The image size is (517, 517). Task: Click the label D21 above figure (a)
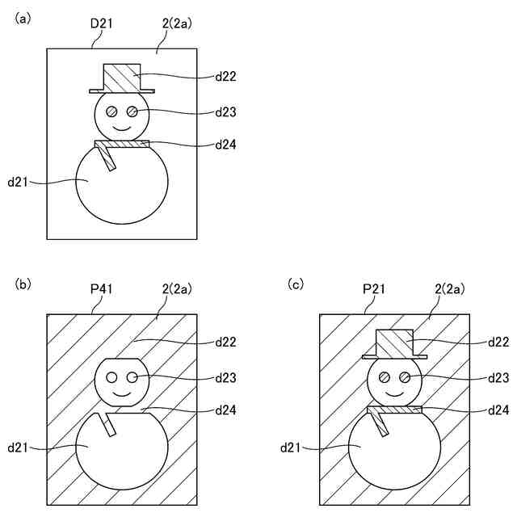[x=101, y=23]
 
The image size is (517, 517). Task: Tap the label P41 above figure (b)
[x=101, y=288]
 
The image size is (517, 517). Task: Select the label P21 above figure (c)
[x=374, y=288]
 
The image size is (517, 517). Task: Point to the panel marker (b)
[x=23, y=284]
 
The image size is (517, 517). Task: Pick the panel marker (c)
[x=296, y=284]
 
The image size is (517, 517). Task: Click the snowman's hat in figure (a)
[x=122, y=78]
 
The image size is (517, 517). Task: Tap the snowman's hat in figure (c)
[x=395, y=343]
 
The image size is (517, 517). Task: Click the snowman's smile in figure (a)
[x=122, y=128]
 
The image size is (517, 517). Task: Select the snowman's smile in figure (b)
[x=122, y=392]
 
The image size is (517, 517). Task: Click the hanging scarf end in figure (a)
[x=107, y=159]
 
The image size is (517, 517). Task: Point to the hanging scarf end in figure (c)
[x=380, y=424]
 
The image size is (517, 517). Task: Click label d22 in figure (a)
[x=225, y=77]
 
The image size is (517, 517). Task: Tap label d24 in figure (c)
[x=498, y=410]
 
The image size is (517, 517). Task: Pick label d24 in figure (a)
[x=225, y=145]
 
